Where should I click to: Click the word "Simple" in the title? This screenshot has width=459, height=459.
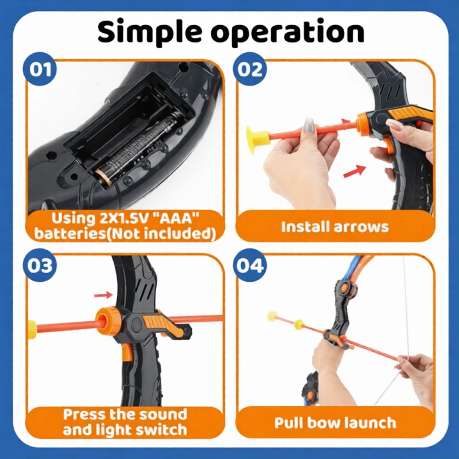pos(150,32)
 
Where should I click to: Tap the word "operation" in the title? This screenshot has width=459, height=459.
pos(288,32)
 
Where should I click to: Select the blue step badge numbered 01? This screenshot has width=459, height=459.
pos(40,69)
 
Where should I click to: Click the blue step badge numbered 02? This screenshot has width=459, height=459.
pos(250,69)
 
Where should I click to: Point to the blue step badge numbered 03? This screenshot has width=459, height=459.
pos(40,265)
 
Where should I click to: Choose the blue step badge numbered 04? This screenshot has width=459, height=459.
pos(250,265)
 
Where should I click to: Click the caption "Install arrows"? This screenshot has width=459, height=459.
pos(335,227)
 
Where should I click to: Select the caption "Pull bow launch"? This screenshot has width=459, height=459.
pos(335,423)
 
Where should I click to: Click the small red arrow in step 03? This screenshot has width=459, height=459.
pos(103,295)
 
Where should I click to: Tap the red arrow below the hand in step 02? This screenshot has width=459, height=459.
pos(355,171)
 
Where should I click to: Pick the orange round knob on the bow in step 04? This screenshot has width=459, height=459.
pos(346,288)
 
